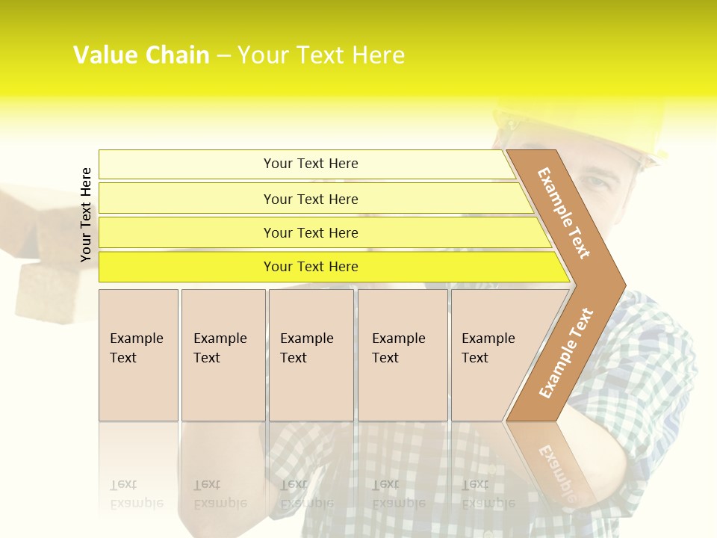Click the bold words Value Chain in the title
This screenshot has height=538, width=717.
point(141,55)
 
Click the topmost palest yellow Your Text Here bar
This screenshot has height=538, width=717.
point(310,164)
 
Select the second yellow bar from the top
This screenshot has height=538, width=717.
point(310,199)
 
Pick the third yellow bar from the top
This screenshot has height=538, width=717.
point(310,232)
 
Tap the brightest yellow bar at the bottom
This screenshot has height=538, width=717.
point(310,267)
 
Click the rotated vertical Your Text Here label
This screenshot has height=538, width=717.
point(86,214)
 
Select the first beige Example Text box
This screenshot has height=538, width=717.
point(138,354)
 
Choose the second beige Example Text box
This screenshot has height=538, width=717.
point(223,354)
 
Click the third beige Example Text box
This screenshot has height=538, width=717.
point(310,354)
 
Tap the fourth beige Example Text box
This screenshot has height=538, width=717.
point(402,354)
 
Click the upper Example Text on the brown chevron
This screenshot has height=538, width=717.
point(564,213)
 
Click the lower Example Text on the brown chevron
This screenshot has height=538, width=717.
point(565,353)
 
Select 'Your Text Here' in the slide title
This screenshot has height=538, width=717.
point(321,55)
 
